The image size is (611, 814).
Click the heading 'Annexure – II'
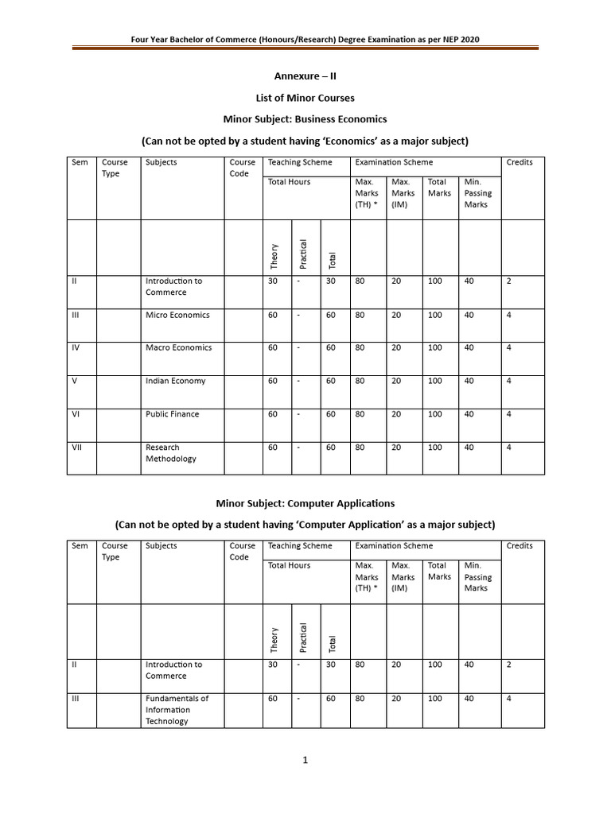[x=305, y=76]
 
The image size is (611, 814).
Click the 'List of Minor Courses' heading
[x=305, y=98]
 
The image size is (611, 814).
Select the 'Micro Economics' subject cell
[x=177, y=315]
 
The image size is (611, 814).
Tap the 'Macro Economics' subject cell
[x=178, y=347]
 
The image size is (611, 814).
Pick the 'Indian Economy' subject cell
[x=175, y=381]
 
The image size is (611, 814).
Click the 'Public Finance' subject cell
[x=172, y=414]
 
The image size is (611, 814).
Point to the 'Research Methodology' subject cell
[x=170, y=453]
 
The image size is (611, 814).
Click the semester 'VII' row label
[x=77, y=448]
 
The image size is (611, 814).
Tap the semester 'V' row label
[x=74, y=381]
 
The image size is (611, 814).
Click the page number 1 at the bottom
[x=305, y=761]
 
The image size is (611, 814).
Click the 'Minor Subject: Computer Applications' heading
[x=305, y=503]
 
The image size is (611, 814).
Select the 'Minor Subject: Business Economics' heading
[x=305, y=119]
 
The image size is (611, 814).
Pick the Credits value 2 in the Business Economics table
[x=508, y=281]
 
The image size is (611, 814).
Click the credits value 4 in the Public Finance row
[x=508, y=414]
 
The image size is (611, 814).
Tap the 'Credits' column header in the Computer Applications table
[x=520, y=546]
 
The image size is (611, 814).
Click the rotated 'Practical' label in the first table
[x=303, y=254]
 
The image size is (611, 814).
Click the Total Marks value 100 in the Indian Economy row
[x=435, y=381]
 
